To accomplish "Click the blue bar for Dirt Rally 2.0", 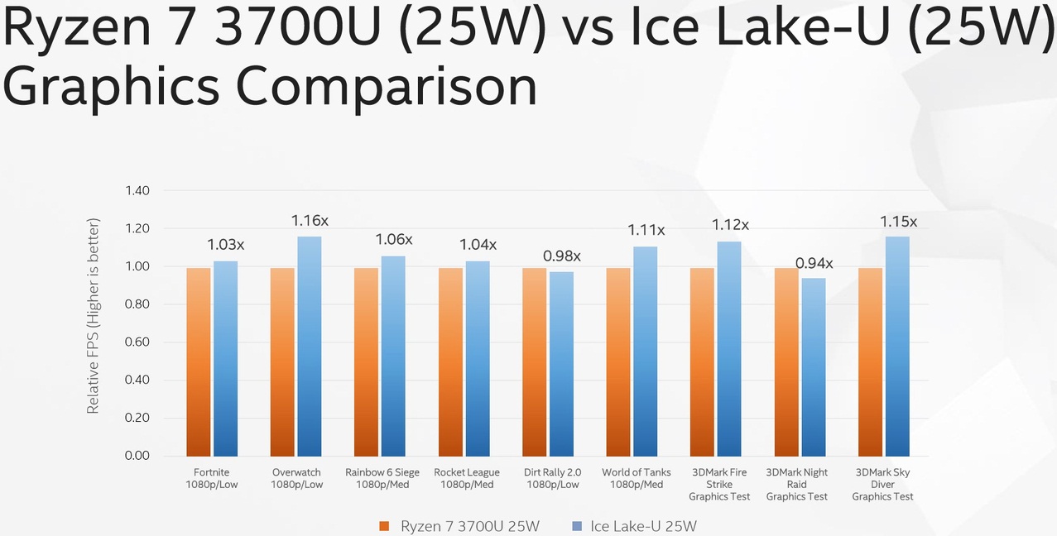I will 561,364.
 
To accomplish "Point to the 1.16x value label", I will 310,221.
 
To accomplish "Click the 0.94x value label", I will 814,264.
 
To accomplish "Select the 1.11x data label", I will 646,230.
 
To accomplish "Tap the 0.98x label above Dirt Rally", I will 561,256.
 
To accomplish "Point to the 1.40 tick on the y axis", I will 137,191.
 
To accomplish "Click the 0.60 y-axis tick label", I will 137,342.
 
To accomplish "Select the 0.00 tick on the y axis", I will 137,456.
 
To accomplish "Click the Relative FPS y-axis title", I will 94,316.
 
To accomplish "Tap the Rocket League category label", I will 467,478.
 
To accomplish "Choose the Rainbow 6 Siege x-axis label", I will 382,478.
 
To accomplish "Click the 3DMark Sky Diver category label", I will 883,484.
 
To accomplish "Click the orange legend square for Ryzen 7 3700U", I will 384,526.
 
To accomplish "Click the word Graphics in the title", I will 112,85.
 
